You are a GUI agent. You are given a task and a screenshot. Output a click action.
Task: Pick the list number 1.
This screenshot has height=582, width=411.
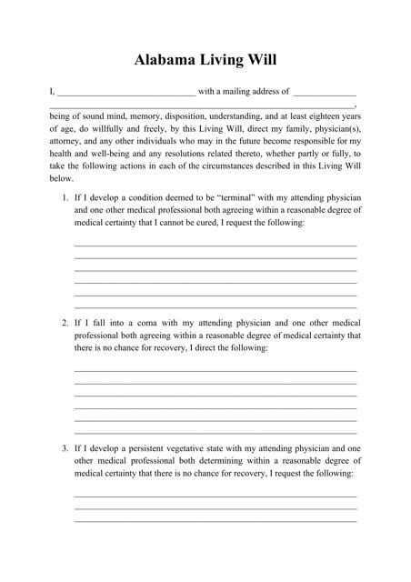(x=65, y=197)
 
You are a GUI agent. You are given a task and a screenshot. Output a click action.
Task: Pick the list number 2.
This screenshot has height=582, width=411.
(x=65, y=323)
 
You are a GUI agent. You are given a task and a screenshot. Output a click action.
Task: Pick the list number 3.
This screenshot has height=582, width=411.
(x=65, y=448)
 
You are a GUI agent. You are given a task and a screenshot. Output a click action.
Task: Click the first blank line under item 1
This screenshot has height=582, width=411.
(x=215, y=246)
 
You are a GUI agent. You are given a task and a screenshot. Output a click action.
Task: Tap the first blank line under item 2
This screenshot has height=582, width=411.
(x=215, y=371)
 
